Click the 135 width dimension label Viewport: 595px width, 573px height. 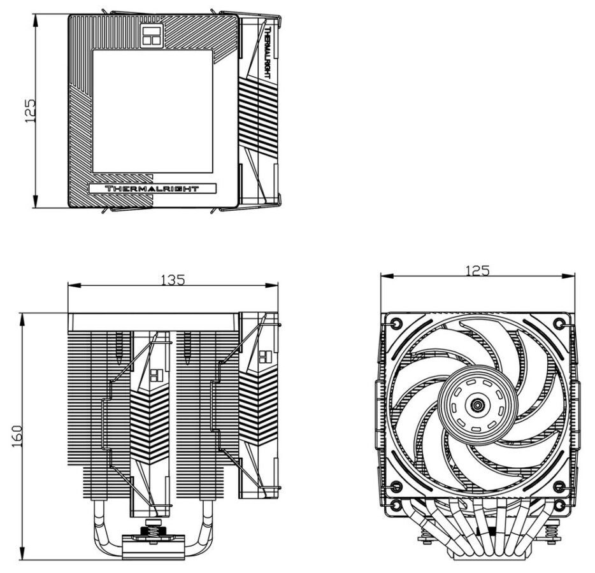pos(173,280)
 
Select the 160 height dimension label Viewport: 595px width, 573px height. pos(18,435)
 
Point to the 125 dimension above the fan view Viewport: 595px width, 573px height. pos(478,271)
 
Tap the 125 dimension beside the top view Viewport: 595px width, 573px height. pos(29,111)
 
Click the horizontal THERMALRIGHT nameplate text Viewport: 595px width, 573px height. pos(152,188)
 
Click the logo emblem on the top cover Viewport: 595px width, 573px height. pos(152,36)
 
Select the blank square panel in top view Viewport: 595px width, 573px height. pos(152,111)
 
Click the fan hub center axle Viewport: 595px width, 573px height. pos(477,406)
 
